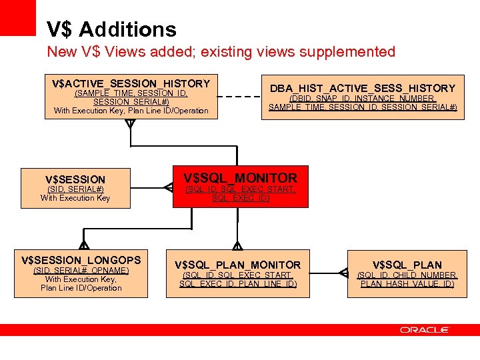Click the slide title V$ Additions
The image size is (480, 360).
(111, 29)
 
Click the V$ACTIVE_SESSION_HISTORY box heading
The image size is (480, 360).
(131, 83)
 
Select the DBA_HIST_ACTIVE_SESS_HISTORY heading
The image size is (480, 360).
(363, 88)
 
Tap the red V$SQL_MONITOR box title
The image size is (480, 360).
(241, 178)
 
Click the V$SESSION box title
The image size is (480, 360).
(75, 179)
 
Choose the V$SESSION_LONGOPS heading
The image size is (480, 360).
(81, 259)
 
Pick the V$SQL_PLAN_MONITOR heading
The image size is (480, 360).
(238, 265)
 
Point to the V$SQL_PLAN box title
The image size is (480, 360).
(407, 265)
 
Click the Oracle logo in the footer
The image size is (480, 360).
(425, 329)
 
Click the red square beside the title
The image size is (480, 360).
(17, 17)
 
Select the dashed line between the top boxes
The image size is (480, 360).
(239, 97)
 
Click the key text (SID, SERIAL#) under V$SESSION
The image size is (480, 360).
(75, 189)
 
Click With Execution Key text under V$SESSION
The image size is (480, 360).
(75, 198)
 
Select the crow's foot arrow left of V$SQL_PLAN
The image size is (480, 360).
(343, 273)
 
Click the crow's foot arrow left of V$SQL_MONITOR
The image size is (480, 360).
(169, 188)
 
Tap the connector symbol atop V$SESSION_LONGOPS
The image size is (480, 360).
(84, 245)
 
